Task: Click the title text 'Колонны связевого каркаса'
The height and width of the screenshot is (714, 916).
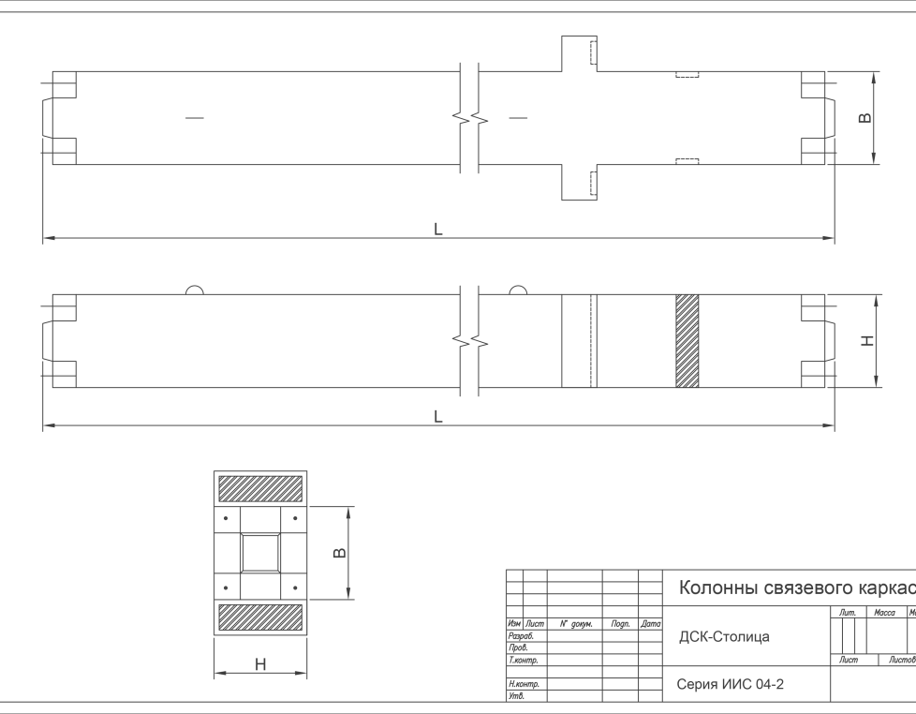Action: (x=794, y=588)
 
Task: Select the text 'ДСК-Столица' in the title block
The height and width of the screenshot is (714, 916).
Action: (x=724, y=637)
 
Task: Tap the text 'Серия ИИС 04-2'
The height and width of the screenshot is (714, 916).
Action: (x=731, y=685)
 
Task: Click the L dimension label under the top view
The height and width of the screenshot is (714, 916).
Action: (x=437, y=229)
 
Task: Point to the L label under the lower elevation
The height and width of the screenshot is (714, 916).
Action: (x=437, y=416)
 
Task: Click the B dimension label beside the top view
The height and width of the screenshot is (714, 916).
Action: (x=865, y=118)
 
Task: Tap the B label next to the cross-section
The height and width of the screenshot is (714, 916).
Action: (x=340, y=553)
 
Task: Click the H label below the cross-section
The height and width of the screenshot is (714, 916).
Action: (x=260, y=664)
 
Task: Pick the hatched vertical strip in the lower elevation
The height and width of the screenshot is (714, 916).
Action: (x=687, y=340)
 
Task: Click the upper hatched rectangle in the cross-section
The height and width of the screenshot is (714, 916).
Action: (x=260, y=488)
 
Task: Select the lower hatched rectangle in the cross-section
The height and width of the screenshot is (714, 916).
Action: (x=260, y=617)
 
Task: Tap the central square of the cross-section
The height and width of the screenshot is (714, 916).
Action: (x=260, y=553)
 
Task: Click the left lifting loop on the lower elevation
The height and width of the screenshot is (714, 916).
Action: (x=194, y=290)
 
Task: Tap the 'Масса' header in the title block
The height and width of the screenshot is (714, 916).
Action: (x=884, y=613)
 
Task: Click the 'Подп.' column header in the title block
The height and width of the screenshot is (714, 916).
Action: (x=620, y=623)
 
